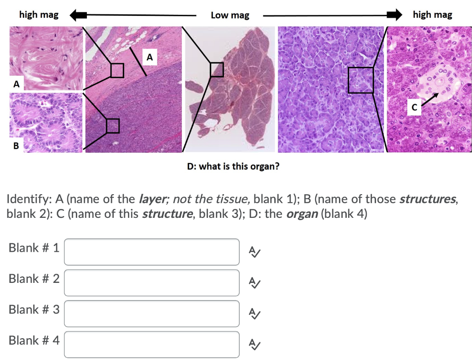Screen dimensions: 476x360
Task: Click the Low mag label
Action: point(230,15)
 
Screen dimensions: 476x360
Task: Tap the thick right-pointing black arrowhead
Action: point(395,15)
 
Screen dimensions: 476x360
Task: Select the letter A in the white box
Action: point(149,58)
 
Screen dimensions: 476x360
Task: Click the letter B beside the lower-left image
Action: point(16,146)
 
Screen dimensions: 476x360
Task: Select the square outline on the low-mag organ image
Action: point(217,70)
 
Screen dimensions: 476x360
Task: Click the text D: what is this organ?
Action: point(233,166)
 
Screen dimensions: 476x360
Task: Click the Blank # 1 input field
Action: point(152,252)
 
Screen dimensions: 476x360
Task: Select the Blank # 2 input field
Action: point(152,282)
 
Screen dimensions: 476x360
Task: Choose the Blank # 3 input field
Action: point(152,314)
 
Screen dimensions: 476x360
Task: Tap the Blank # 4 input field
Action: point(152,344)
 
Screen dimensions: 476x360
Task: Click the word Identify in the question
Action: point(29,200)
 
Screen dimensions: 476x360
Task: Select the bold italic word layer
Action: point(152,200)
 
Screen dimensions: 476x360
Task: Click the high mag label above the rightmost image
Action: point(432,15)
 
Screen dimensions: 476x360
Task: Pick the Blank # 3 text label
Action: point(34,309)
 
